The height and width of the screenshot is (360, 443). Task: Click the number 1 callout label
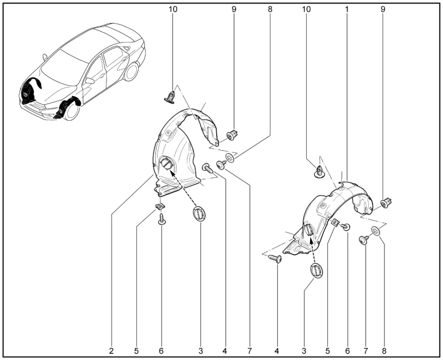pyautogui.click(x=347, y=9)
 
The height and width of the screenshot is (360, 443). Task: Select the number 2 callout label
pyautogui.click(x=111, y=351)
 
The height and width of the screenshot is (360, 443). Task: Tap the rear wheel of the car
pyautogui.click(x=131, y=72)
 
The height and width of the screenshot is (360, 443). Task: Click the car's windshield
pyautogui.click(x=61, y=66)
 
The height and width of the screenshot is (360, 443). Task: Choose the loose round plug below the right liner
pyautogui.click(x=316, y=270)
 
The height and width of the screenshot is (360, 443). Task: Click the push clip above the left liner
pyautogui.click(x=170, y=97)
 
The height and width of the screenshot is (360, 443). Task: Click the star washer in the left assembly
pyautogui.click(x=230, y=157)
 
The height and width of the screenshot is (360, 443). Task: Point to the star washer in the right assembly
pyautogui.click(x=376, y=231)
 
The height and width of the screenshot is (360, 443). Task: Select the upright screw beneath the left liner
pyautogui.click(x=161, y=219)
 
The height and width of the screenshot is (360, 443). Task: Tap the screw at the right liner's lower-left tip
pyautogui.click(x=274, y=258)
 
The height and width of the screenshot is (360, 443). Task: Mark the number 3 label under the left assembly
pyautogui.click(x=201, y=351)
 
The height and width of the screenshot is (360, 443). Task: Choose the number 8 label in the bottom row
pyautogui.click(x=384, y=351)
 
